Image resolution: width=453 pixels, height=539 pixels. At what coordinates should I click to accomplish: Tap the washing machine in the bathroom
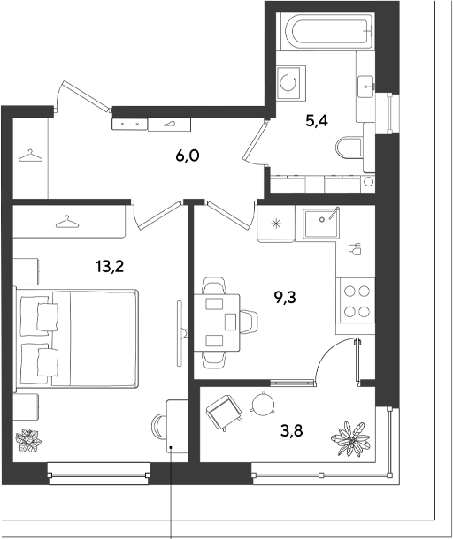tap(291, 83)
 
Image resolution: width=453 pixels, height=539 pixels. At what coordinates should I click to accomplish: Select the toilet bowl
tap(349, 149)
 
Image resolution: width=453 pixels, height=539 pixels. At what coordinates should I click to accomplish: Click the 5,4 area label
tap(317, 121)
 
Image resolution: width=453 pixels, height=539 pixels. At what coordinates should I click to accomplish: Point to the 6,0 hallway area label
tap(188, 156)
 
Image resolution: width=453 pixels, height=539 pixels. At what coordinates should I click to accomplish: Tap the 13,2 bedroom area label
tap(110, 266)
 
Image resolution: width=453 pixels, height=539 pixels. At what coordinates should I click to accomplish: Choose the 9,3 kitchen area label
tap(285, 298)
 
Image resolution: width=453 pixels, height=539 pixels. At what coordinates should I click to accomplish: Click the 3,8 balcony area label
tap(292, 430)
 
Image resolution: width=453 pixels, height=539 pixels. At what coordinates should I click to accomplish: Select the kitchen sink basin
tap(321, 223)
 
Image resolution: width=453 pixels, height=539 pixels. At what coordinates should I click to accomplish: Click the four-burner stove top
tap(357, 301)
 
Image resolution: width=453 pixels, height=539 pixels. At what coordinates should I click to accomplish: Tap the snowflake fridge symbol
tap(276, 224)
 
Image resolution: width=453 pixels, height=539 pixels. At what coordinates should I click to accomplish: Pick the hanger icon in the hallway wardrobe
tap(30, 156)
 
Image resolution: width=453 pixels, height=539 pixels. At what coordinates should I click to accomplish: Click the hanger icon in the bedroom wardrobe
tap(67, 222)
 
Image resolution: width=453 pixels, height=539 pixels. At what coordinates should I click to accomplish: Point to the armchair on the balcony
tap(224, 413)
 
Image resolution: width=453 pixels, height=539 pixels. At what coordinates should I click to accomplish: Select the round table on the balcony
tap(264, 403)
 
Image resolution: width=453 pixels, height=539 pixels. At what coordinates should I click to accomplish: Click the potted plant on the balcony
tap(350, 439)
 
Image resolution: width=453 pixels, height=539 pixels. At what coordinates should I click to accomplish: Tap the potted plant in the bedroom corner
tap(28, 440)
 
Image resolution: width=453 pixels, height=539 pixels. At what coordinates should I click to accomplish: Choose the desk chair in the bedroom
tap(159, 427)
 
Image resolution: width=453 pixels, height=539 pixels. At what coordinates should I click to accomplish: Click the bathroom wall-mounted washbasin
tap(365, 87)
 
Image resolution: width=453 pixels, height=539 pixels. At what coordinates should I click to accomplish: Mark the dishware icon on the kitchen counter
tap(355, 248)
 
